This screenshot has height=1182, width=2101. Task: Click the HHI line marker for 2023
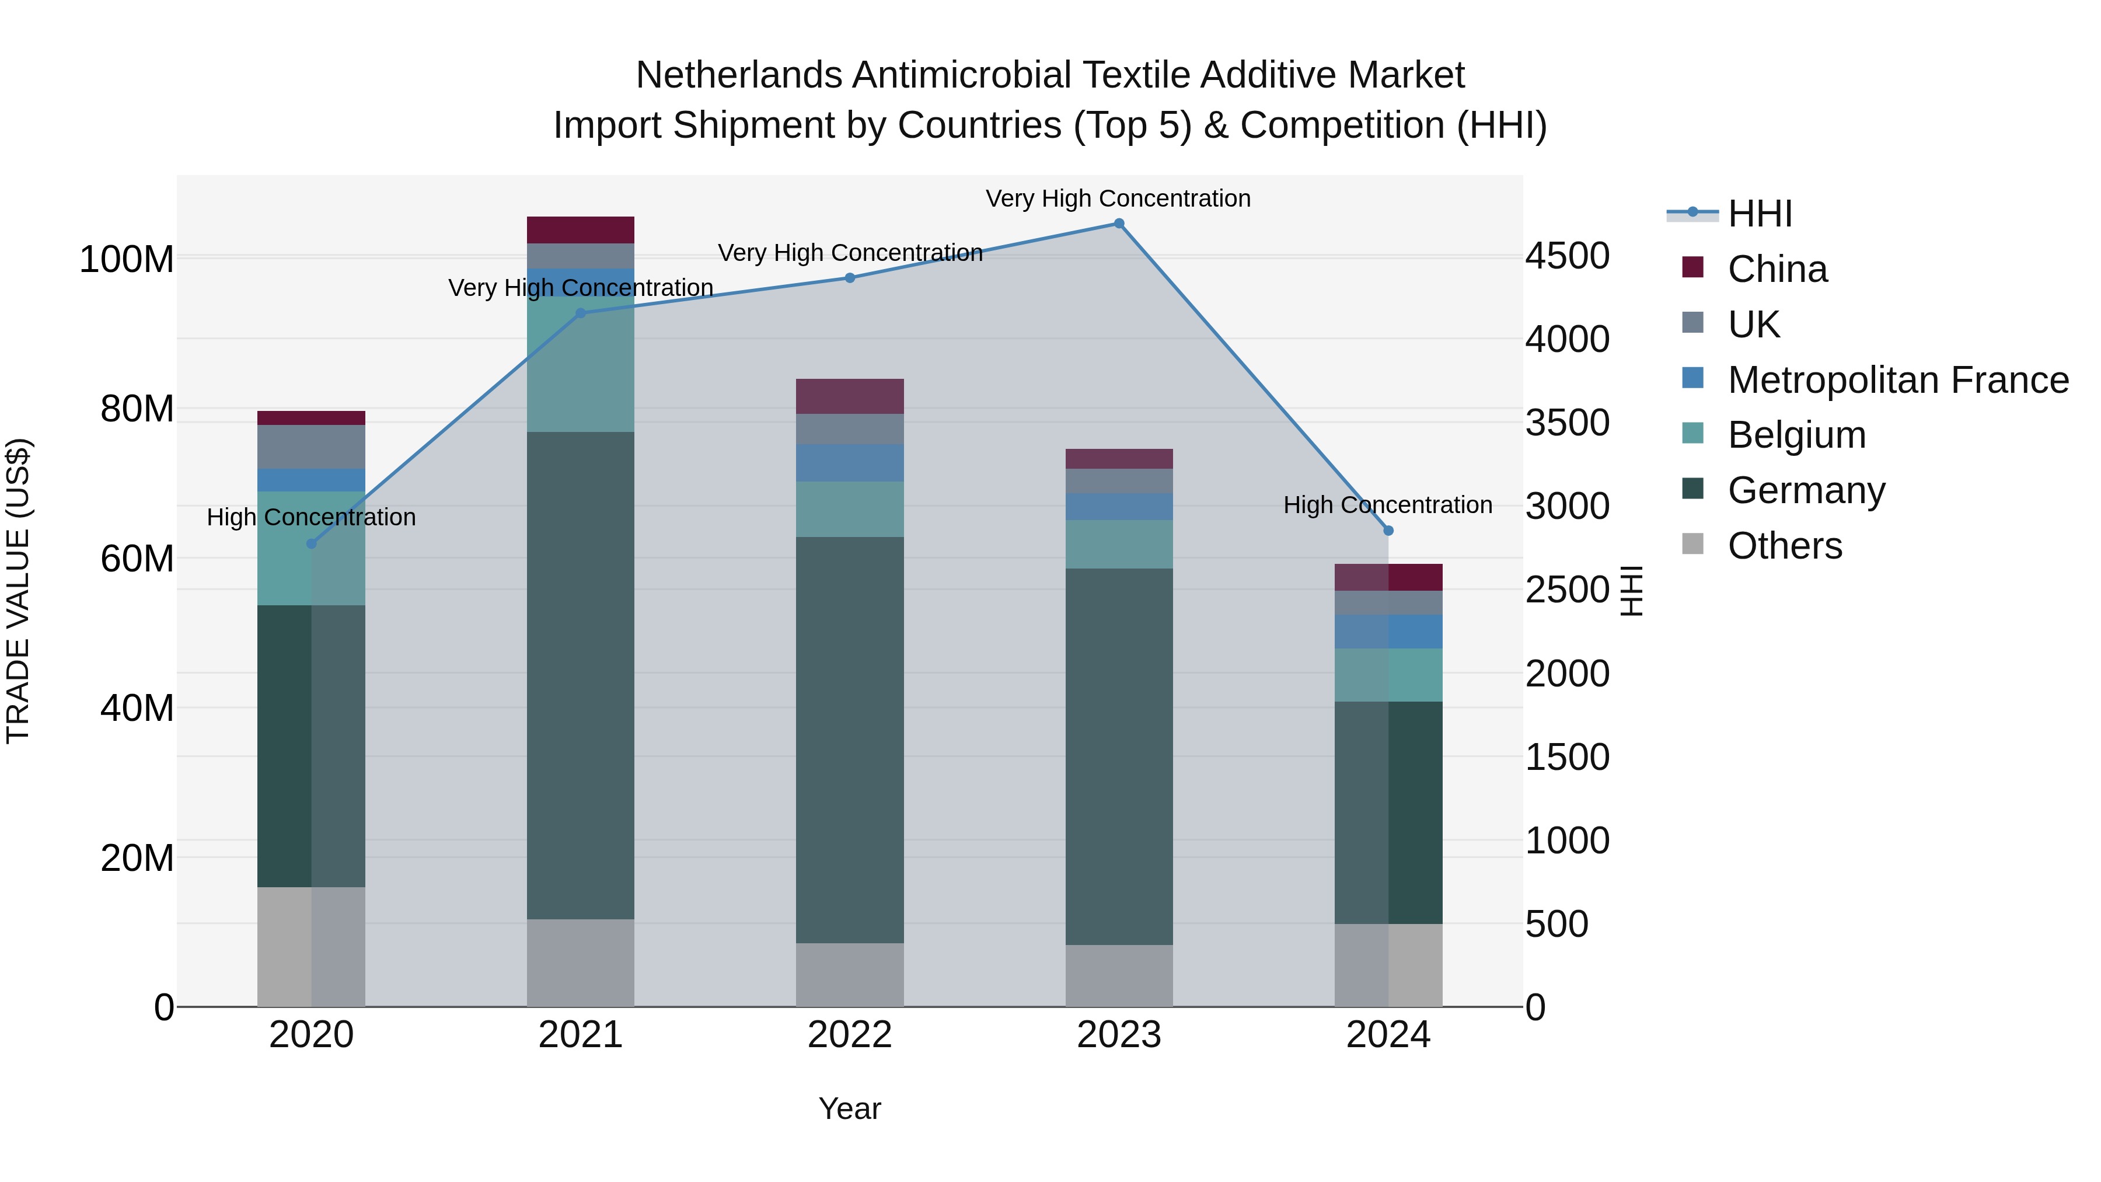tap(1119, 224)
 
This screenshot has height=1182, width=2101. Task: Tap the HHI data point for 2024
tap(1388, 531)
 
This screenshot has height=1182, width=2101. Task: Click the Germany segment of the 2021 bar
tap(580, 675)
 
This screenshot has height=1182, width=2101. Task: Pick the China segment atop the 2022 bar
tap(849, 396)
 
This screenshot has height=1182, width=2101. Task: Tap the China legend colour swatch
tap(1692, 267)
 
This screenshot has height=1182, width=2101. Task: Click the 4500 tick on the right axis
tap(1567, 256)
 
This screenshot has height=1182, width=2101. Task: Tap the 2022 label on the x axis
tap(849, 1035)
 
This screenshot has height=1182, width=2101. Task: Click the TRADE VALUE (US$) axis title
tap(18, 591)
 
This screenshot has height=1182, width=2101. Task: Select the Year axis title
tap(849, 1108)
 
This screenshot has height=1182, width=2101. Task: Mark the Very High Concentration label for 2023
tap(1118, 198)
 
